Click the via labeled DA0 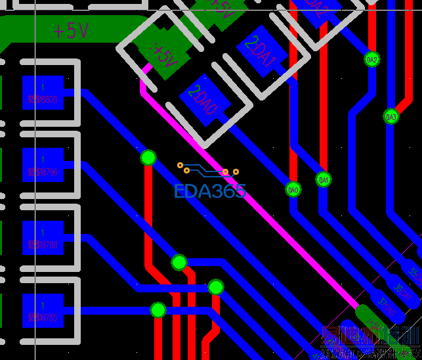click(293, 189)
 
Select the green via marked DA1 click(323, 179)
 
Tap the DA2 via click(372, 60)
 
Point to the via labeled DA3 click(391, 116)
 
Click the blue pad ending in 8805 click(43, 93)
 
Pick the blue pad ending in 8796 click(43, 165)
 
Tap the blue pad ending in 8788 click(43, 237)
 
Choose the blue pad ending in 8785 click(43, 311)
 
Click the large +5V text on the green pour click(71, 30)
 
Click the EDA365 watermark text click(210, 192)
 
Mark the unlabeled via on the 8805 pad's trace click(148, 158)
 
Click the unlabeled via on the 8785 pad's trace click(158, 309)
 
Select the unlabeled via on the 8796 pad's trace click(179, 263)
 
